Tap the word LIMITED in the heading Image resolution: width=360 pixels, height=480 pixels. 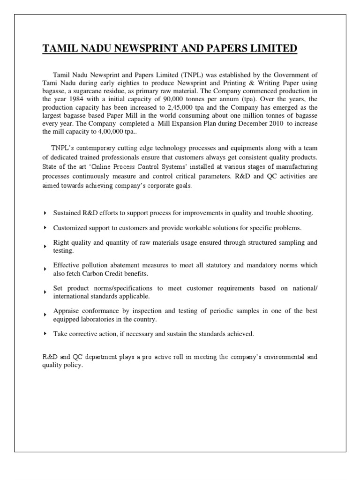tap(270, 49)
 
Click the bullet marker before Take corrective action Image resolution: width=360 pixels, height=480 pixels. tap(45, 334)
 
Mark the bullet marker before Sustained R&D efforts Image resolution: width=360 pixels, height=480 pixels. tap(45, 213)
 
